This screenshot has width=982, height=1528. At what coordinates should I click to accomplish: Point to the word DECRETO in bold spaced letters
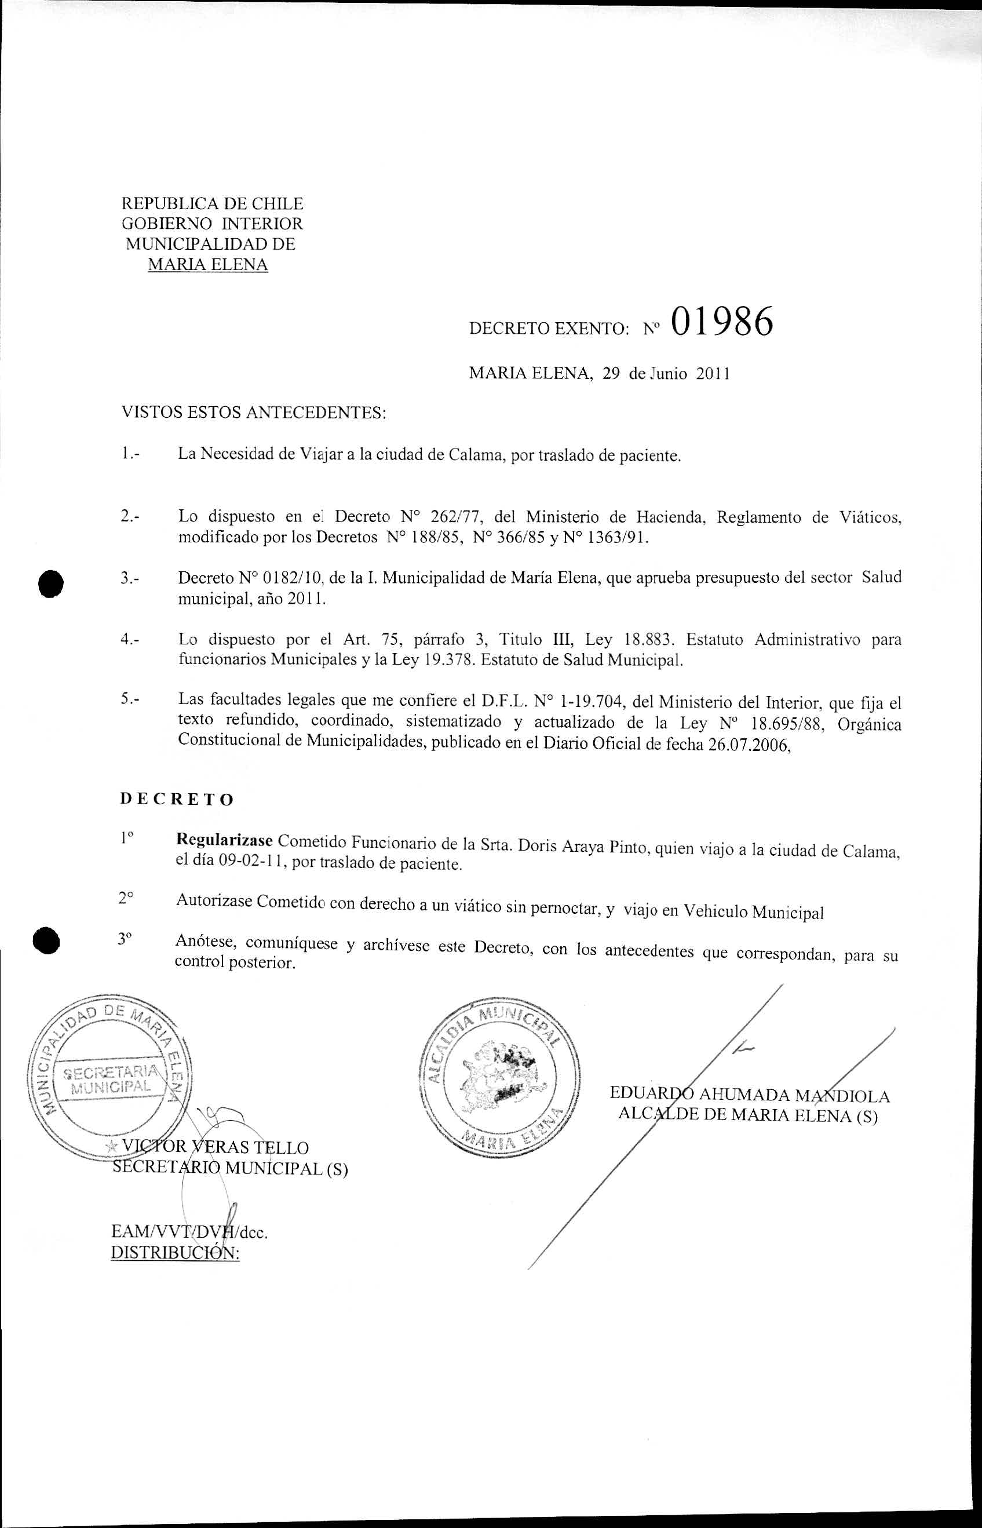click(177, 800)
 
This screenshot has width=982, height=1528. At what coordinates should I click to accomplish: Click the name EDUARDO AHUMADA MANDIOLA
click(749, 1095)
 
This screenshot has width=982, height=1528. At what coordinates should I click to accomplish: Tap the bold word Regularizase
click(224, 840)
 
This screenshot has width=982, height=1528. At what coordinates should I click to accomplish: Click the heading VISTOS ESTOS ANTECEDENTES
click(254, 413)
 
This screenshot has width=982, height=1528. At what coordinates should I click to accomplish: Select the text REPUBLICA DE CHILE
click(213, 203)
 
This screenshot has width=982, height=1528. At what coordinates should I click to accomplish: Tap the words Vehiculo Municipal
click(753, 913)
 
